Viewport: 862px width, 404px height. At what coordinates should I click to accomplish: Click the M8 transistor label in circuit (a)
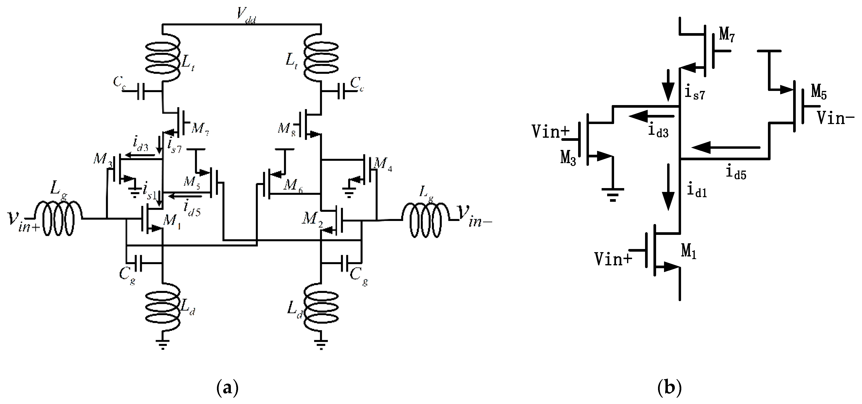[x=287, y=129]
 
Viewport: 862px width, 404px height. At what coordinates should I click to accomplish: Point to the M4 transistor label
[x=383, y=164]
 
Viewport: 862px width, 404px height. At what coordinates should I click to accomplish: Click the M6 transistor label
[x=293, y=185]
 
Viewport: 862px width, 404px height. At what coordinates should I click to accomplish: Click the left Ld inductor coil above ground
[x=163, y=306]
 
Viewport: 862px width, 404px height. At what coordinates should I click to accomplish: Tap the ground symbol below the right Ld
[x=321, y=345]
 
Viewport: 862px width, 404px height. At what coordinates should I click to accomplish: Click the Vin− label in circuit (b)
[x=835, y=118]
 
